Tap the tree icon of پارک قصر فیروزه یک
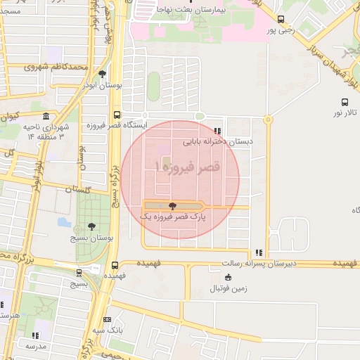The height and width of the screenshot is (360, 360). pyautogui.click(x=173, y=206)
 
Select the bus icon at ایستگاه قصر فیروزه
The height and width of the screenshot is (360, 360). pyautogui.click(x=117, y=115)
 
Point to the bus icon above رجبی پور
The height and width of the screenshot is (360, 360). pyautogui.click(x=281, y=20)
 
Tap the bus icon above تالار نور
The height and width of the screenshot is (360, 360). pyautogui.click(x=344, y=102)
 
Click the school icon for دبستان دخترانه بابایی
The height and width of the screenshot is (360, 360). pyautogui.click(x=217, y=131)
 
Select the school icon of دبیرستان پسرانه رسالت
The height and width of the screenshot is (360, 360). pyautogui.click(x=259, y=252)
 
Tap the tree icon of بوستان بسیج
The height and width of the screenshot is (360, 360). pyautogui.click(x=91, y=226)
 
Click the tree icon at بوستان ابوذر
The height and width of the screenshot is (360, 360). pyautogui.click(x=103, y=74)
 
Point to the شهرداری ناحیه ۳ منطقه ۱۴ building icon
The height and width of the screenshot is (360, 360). pyautogui.click(x=46, y=116)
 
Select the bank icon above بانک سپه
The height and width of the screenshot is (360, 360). pyautogui.click(x=106, y=319)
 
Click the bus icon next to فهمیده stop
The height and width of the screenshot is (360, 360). pyautogui.click(x=115, y=265)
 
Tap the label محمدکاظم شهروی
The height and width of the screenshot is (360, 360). pyautogui.click(x=49, y=67)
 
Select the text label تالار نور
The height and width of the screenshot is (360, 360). pyautogui.click(x=346, y=113)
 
